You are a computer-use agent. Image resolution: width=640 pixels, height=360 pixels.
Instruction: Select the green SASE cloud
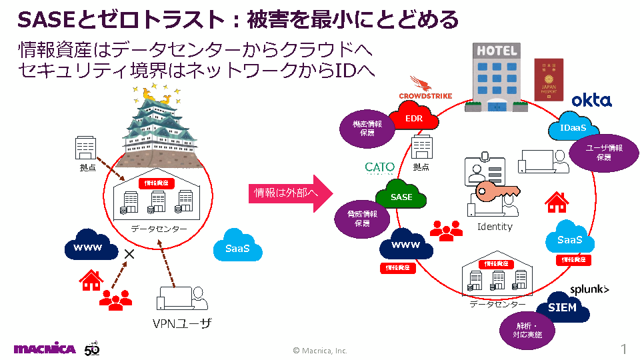pyautogui.click(x=401, y=197)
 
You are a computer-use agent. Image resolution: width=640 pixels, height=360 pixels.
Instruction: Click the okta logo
pyautogui.click(x=591, y=100)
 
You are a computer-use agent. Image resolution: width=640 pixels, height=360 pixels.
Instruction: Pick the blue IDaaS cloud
pyautogui.click(x=573, y=127)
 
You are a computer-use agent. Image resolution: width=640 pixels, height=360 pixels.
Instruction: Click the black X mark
pyautogui.click(x=129, y=254)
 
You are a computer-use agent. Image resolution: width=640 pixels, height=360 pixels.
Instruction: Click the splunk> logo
pyautogui.click(x=589, y=289)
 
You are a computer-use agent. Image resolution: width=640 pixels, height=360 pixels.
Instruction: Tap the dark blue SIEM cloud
pyautogui.click(x=562, y=307)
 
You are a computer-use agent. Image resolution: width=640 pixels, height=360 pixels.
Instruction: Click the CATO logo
pyautogui.click(x=380, y=167)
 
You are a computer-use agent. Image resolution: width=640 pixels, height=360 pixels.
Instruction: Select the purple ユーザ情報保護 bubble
pyautogui.click(x=603, y=153)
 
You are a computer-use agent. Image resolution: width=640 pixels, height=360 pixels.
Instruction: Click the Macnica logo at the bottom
pyautogui.click(x=45, y=349)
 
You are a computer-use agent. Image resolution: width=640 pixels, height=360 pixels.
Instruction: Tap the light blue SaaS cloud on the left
pyautogui.click(x=237, y=249)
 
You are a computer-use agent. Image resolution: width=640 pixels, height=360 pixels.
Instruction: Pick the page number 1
pyautogui.click(x=623, y=349)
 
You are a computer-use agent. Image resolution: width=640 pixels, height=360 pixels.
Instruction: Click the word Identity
pyautogui.click(x=495, y=227)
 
